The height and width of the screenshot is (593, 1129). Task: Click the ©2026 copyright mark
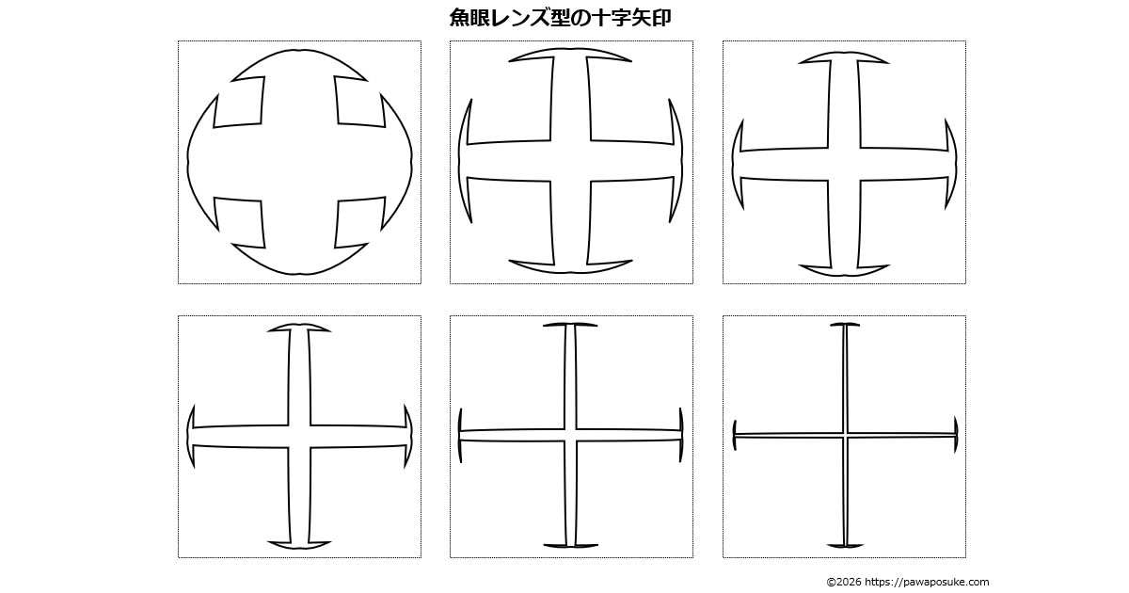[844, 582]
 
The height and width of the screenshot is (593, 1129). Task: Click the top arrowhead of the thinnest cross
[845, 325]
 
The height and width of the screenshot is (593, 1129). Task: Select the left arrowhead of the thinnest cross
[735, 435]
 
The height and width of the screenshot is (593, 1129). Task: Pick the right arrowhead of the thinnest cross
[956, 435]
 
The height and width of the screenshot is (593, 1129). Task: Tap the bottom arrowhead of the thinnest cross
[845, 545]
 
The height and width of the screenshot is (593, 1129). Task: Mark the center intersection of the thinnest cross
[845, 435]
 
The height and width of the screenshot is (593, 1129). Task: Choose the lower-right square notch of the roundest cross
[360, 224]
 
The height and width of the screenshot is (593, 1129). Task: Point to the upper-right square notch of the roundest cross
[360, 101]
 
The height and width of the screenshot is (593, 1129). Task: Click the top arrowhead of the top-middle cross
[570, 55]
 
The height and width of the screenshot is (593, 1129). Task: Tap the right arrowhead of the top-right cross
[950, 164]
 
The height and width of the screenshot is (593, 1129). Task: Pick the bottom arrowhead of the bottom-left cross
[299, 545]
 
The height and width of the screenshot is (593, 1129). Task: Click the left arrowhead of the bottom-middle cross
[460, 435]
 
